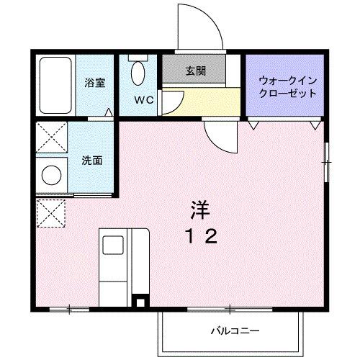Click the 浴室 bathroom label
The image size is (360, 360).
point(94,83)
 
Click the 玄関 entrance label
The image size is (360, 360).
point(195,71)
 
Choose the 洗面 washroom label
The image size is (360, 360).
point(91,160)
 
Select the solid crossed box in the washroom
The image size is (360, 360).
point(52,137)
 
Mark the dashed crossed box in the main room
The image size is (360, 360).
point(51,214)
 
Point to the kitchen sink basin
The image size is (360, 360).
point(113,246)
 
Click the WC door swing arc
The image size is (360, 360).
point(173,103)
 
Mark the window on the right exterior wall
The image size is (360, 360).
point(327,163)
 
